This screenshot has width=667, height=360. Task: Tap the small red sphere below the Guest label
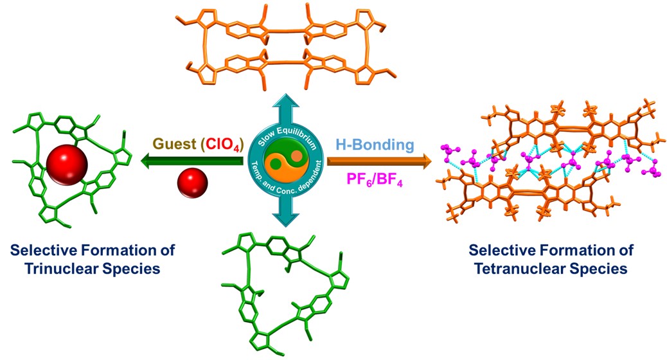[x=191, y=183]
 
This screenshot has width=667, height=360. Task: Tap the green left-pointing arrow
[x=193, y=162]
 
